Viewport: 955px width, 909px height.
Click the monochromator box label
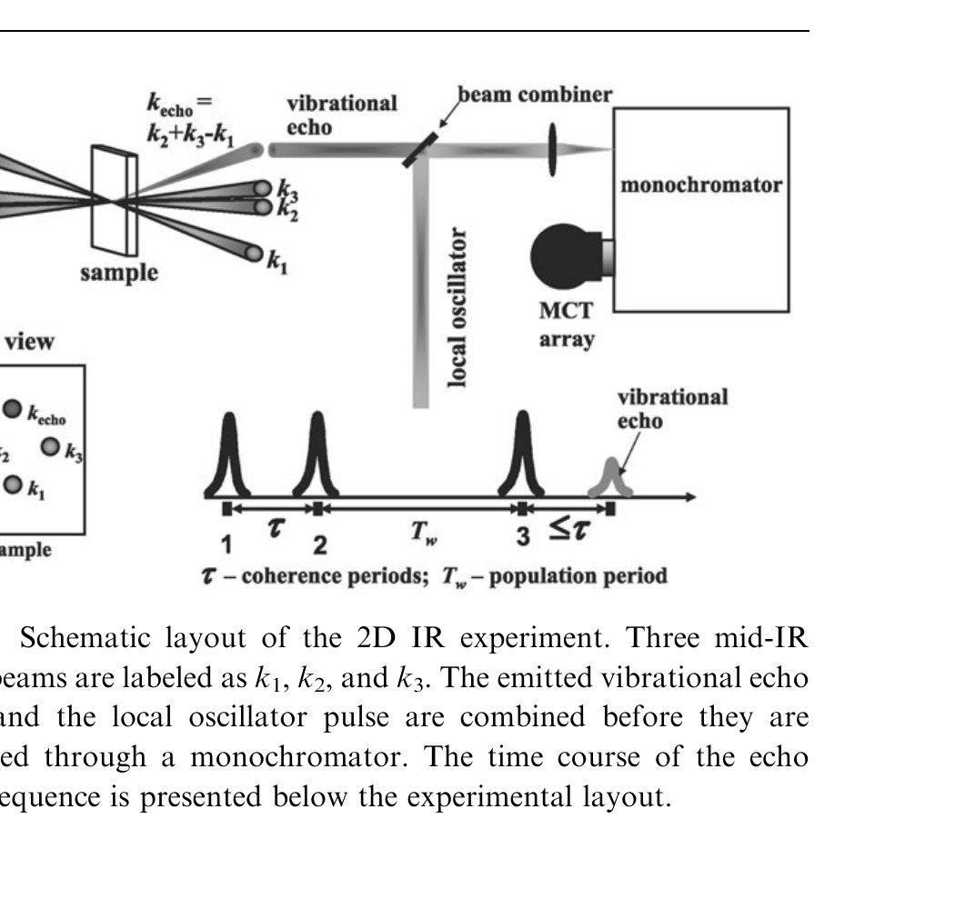700,185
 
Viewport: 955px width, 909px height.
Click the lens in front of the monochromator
552,147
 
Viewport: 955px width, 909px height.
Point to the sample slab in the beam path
115,201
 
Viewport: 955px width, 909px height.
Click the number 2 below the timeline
319,544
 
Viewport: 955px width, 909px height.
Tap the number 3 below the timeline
522,537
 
